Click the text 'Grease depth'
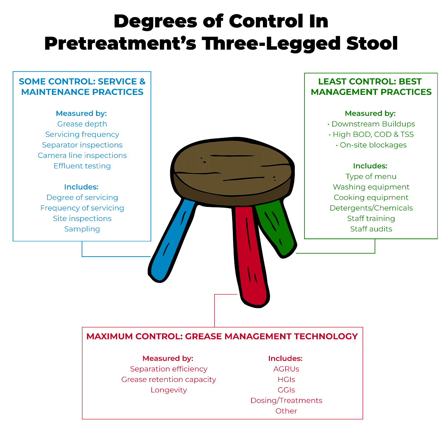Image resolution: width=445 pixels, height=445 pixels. (82, 124)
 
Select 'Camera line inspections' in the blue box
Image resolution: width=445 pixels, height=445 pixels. (82, 155)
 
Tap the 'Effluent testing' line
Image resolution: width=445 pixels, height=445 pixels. (82, 166)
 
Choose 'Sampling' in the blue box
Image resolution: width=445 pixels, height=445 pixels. (82, 229)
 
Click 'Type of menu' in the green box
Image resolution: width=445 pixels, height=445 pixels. (371, 177)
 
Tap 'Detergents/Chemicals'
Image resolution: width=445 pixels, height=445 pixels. (371, 208)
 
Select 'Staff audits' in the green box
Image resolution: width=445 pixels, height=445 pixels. (371, 229)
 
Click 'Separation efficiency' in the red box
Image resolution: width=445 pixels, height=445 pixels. (168, 369)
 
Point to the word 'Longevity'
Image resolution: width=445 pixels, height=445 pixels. (168, 390)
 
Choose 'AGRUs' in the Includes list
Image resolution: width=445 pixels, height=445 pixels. (286, 369)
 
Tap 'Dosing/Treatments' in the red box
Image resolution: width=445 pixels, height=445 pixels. (286, 400)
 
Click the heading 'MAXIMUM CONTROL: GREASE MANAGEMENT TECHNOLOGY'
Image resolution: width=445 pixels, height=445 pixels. (222, 336)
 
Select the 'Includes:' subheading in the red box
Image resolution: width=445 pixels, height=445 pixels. (285, 358)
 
